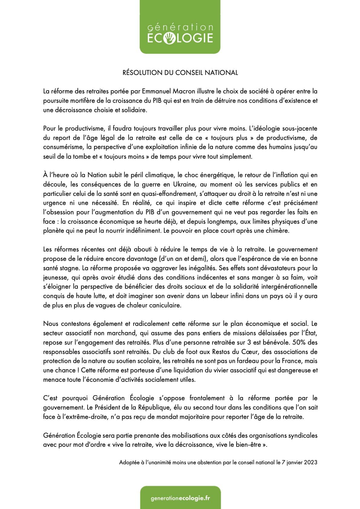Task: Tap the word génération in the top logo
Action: pyautogui.click(x=180, y=28)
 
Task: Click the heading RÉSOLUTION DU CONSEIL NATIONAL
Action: pyautogui.click(x=180, y=73)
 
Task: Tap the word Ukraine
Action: pyautogui.click(x=184, y=184)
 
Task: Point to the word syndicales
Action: pyautogui.click(x=303, y=436)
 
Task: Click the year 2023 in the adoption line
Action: pyautogui.click(x=310, y=462)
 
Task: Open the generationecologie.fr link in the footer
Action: pyautogui.click(x=180, y=498)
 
